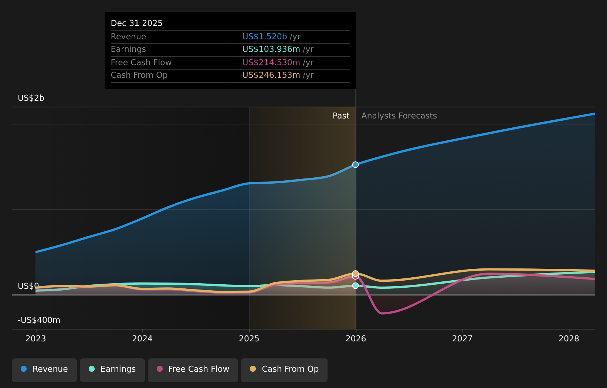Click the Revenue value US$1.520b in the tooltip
[x=264, y=37]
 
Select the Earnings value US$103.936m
[x=271, y=49]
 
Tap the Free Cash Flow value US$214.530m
[x=271, y=63]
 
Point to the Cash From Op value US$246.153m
[x=271, y=75]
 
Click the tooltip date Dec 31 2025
[x=136, y=23]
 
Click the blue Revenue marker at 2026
[x=355, y=165]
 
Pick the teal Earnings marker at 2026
[x=355, y=286]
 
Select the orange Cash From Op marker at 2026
[x=355, y=273]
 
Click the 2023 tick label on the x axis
[x=35, y=339]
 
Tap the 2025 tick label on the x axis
[x=249, y=339]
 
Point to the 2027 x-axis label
[x=462, y=339]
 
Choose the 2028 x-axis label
[x=569, y=339]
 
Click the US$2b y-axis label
[x=31, y=98]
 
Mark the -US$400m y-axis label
[x=39, y=320]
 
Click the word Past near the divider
[x=341, y=116]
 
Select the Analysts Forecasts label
[x=399, y=116]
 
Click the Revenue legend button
[x=44, y=369]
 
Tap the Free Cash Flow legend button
[x=193, y=369]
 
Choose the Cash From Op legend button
[x=284, y=369]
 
